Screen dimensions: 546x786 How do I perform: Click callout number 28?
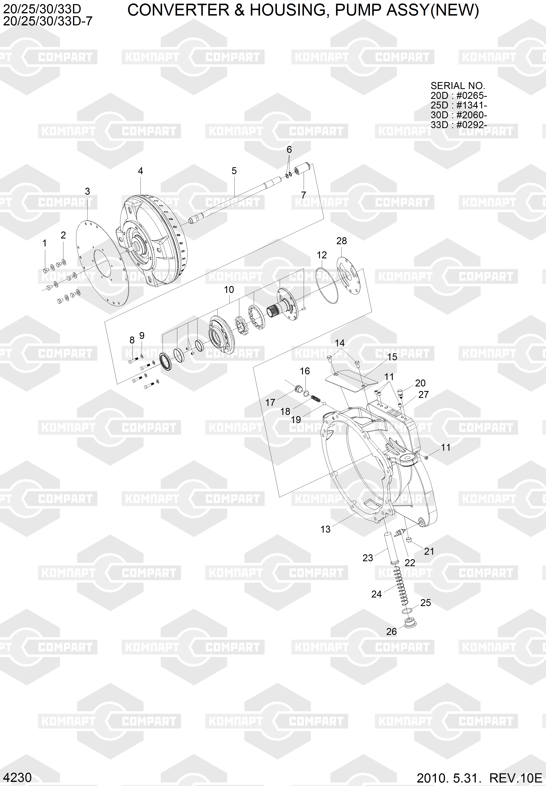(342, 241)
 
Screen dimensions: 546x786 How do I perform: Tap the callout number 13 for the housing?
(325, 529)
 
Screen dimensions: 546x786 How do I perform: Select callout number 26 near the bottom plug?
(391, 632)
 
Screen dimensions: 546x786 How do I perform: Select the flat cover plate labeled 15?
(351, 381)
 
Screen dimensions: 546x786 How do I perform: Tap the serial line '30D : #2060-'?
(459, 115)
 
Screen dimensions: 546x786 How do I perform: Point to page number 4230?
(17, 777)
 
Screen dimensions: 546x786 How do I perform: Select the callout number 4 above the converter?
(140, 171)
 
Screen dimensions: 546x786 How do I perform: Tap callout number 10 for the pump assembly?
(229, 290)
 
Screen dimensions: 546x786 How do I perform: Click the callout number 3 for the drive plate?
(87, 191)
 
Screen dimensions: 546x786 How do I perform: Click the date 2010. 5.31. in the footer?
(448, 778)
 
